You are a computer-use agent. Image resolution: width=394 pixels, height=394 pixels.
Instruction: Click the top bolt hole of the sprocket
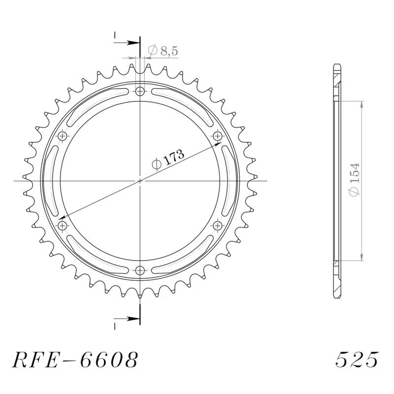(140, 91)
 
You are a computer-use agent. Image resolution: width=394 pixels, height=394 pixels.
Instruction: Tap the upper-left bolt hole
(63, 136)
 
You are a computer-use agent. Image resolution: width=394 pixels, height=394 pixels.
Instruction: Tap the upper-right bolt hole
(218, 135)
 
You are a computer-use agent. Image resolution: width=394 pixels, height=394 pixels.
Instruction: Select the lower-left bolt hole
(63, 225)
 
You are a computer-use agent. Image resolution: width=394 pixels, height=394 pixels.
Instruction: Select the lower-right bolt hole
(218, 225)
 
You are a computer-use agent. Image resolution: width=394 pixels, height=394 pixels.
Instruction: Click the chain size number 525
(357, 361)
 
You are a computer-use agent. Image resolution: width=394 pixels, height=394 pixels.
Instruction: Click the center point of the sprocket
(140, 181)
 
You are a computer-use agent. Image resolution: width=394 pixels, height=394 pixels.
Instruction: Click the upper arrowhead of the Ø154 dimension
(362, 104)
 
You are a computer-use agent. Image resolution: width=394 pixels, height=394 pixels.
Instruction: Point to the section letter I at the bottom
(114, 326)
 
